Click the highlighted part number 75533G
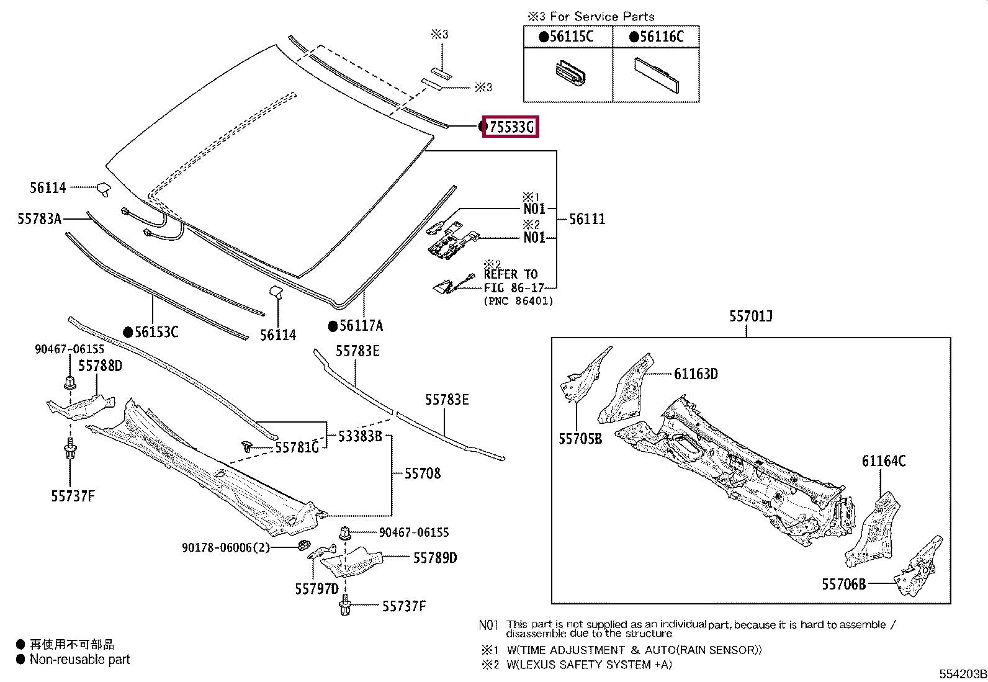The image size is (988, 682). [x=511, y=127]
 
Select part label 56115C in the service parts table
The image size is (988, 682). [x=571, y=37]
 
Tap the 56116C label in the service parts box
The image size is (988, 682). [x=661, y=37]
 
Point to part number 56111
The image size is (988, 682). [x=586, y=219]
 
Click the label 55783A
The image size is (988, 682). [x=40, y=218]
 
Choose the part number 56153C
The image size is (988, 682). [x=156, y=332]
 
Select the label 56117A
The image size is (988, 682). [x=361, y=326]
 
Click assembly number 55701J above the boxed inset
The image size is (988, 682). [x=750, y=316]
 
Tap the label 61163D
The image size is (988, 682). [x=696, y=374]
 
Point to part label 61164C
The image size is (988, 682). [x=883, y=461]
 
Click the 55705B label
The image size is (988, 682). [x=580, y=439]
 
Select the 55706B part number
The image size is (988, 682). [x=843, y=585]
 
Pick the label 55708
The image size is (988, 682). [x=422, y=474]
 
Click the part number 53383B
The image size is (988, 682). [x=360, y=436]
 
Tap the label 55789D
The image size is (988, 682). [x=434, y=558]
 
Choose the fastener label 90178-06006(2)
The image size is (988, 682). [x=226, y=547]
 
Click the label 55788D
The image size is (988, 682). [x=100, y=366]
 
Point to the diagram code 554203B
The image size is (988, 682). [x=962, y=675]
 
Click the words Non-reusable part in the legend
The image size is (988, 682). [x=80, y=660]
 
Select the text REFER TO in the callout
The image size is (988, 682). [x=511, y=274]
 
